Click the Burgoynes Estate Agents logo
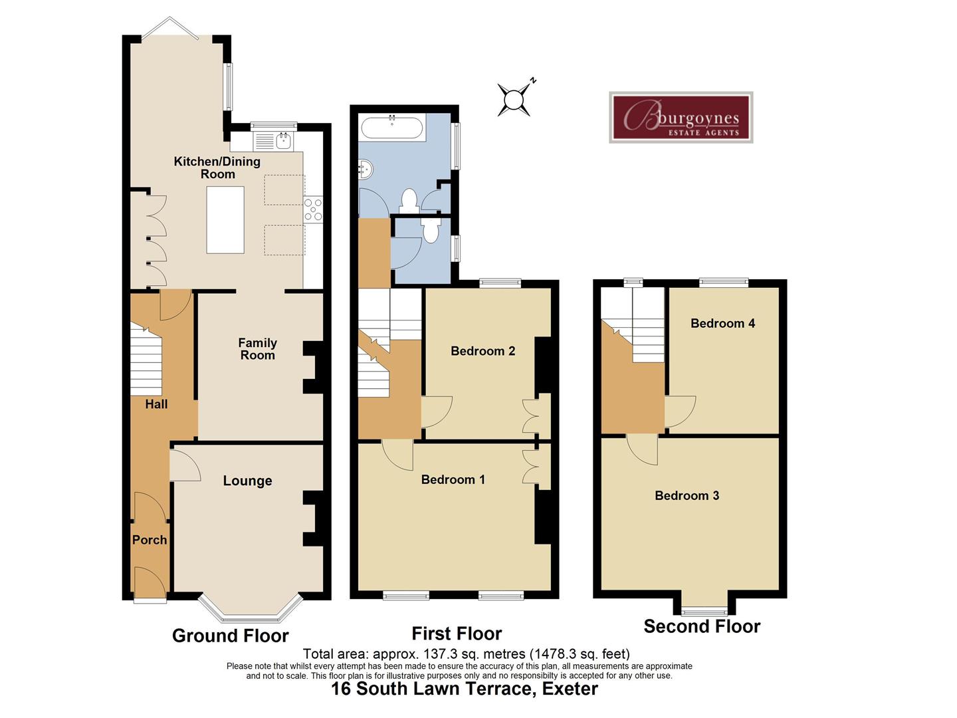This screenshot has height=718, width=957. click(681, 118)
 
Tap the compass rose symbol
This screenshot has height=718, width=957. click(514, 100)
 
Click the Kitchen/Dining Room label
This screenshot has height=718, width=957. click(217, 168)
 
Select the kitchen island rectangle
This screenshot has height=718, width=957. click(225, 219)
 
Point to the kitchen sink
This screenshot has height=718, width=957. click(284, 140)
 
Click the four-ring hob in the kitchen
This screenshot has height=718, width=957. click(313, 209)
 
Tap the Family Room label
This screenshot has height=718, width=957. click(257, 349)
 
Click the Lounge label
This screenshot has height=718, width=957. click(247, 481)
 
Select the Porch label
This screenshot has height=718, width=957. click(150, 540)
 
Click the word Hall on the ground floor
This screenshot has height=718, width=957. click(156, 404)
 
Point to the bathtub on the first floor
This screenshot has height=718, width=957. click(391, 127)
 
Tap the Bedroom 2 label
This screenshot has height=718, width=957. click(482, 351)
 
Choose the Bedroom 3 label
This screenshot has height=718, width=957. click(687, 495)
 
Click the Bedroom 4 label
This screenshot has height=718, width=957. click(722, 324)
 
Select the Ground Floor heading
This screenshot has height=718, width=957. click(230, 636)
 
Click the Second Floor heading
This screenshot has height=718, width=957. click(702, 626)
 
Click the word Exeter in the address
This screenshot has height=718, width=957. click(570, 689)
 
